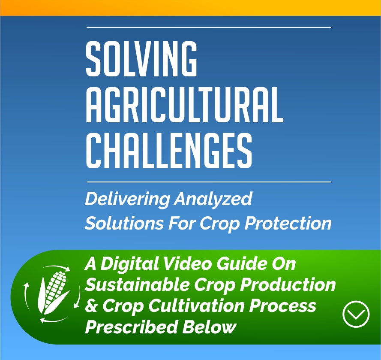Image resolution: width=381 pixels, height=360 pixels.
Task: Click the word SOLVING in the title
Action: [141, 58]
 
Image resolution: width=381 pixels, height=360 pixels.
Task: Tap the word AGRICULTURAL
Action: [185, 104]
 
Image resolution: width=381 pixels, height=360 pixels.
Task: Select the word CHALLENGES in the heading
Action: [169, 150]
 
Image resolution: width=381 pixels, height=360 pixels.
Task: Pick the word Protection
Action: [288, 223]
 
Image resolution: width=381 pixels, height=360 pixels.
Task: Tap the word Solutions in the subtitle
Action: [124, 223]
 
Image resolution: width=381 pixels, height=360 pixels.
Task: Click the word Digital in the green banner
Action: [130, 264]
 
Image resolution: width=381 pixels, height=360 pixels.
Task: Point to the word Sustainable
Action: [137, 284]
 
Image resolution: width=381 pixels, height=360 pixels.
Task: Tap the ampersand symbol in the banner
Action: [92, 306]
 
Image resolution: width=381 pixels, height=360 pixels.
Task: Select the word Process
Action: [282, 306]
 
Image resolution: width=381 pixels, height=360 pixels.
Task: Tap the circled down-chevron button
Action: [356, 314]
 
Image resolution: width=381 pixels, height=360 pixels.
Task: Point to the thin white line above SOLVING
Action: [209, 27]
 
